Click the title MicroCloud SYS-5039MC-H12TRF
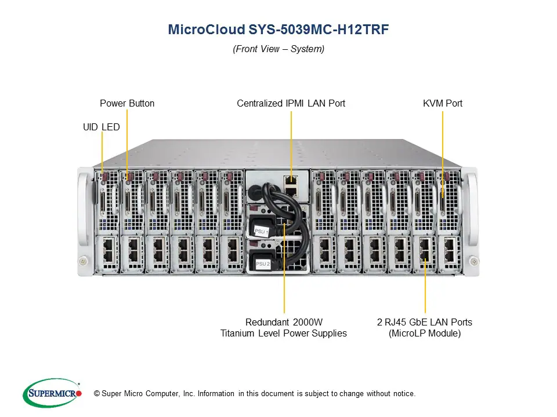pyautogui.click(x=278, y=30)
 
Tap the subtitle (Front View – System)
pyautogui.click(x=278, y=49)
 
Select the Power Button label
pyautogui.click(x=127, y=104)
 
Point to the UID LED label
pyautogui.click(x=102, y=127)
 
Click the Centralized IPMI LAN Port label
pyautogui.click(x=291, y=104)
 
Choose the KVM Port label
pyautogui.click(x=443, y=104)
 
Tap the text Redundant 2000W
pyautogui.click(x=284, y=322)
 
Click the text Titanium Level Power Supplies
pyautogui.click(x=284, y=333)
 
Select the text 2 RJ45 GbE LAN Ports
pyautogui.click(x=425, y=322)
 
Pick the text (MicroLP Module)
pyautogui.click(x=425, y=333)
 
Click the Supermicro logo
pyautogui.click(x=52, y=393)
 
